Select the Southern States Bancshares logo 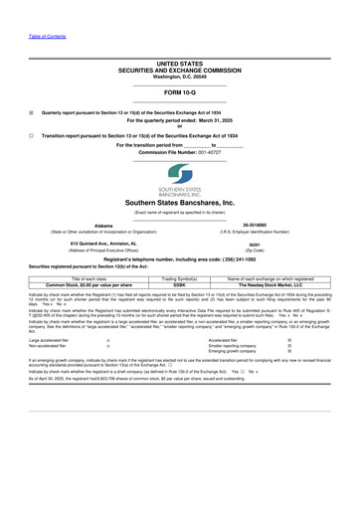(x=179, y=180)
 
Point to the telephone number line (x=179, y=259)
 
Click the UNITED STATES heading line (x=179, y=63)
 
